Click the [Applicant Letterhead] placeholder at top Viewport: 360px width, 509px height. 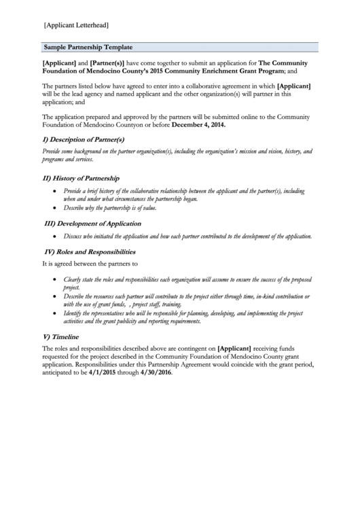click(76, 25)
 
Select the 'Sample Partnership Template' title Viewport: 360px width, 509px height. click(88, 48)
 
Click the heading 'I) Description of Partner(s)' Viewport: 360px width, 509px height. click(84, 139)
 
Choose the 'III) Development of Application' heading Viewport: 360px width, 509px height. click(92, 223)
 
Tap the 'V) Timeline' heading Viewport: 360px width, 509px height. click(60, 336)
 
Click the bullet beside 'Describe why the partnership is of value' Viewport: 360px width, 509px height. click(55, 209)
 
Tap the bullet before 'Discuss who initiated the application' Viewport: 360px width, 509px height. click(55, 236)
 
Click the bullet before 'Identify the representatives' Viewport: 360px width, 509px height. click(55, 314)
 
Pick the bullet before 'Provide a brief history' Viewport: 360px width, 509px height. click(55, 192)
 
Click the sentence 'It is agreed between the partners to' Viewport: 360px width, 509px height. click(90, 263)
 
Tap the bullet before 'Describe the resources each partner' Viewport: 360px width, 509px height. click(55, 297)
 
